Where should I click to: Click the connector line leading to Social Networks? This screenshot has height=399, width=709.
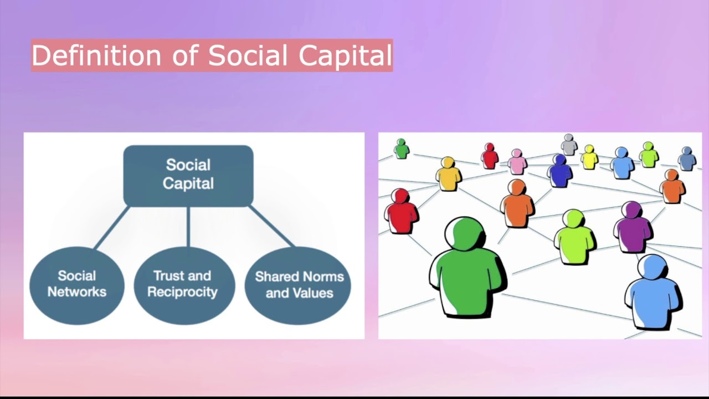(x=112, y=227)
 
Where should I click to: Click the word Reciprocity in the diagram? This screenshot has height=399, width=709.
(x=182, y=292)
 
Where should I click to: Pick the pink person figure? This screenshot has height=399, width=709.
(x=517, y=162)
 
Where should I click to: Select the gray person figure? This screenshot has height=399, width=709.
(x=569, y=145)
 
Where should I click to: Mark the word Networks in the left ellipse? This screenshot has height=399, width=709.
(x=76, y=292)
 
